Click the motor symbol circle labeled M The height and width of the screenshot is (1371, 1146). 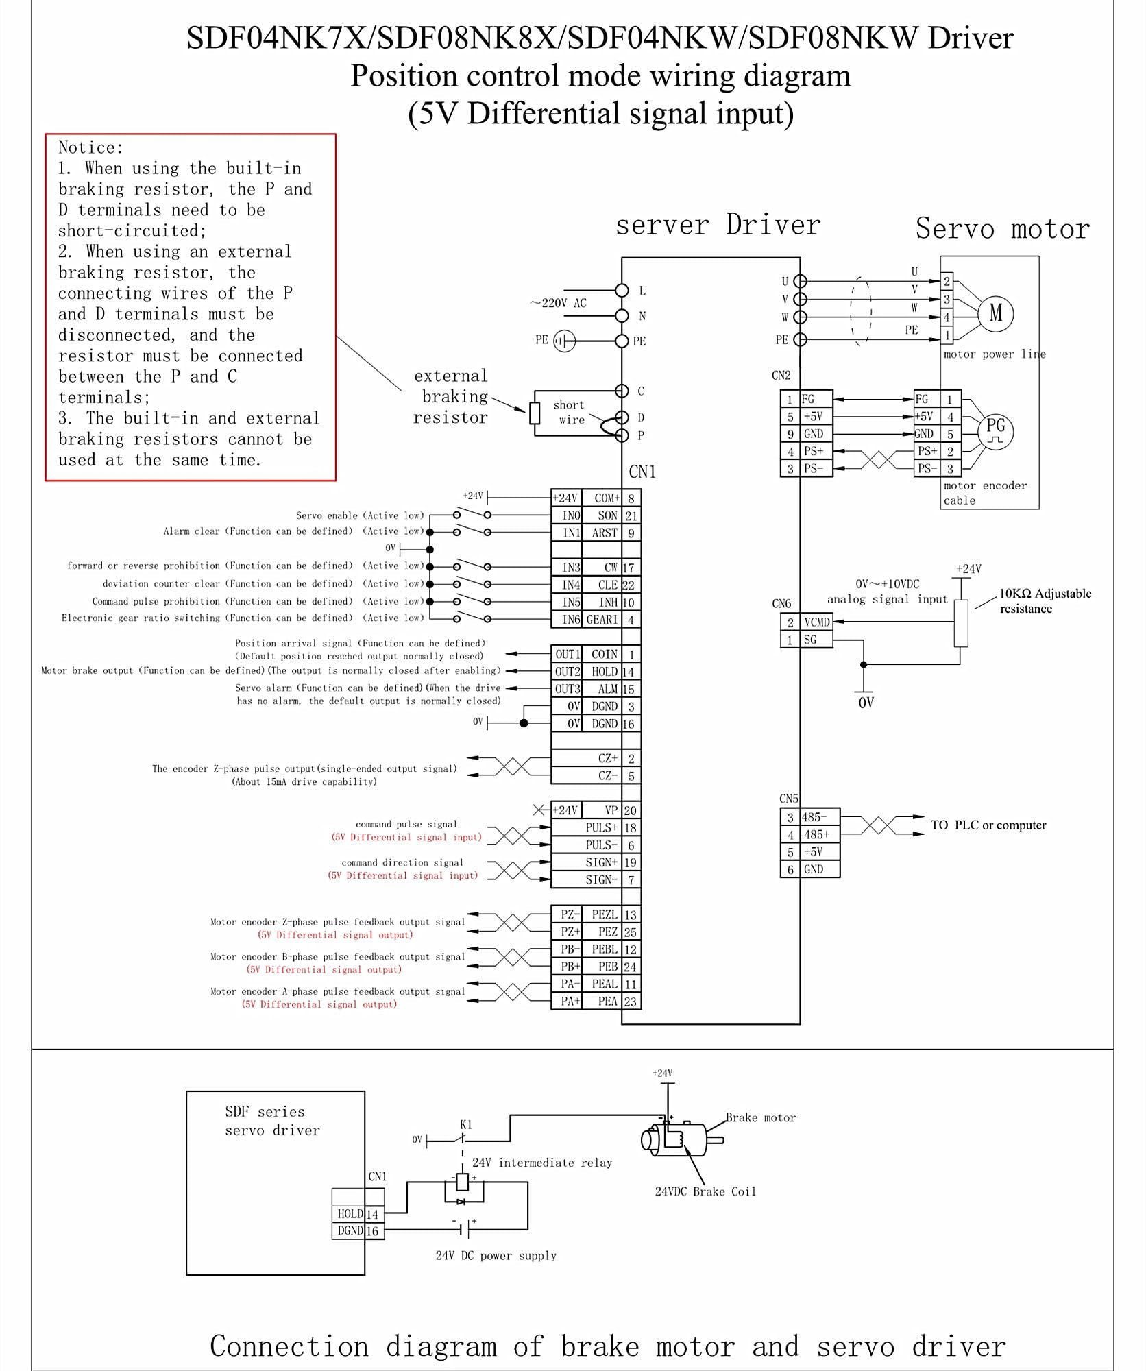[995, 314]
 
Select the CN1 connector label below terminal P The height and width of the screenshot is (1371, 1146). [642, 472]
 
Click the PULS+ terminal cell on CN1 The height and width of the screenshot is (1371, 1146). [601, 827]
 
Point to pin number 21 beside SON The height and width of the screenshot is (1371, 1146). [631, 515]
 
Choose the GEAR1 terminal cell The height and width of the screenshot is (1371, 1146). [602, 620]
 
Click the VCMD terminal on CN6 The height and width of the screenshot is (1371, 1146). [816, 622]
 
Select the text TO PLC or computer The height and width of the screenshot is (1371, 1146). [988, 825]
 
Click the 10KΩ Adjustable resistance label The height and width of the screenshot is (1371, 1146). [1045, 600]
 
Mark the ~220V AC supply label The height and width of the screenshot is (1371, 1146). [558, 303]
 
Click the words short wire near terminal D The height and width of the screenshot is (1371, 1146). [570, 412]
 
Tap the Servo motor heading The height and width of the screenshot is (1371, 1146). [1002, 228]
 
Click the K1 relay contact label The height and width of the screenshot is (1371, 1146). [466, 1125]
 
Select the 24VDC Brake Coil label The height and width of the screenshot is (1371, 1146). [705, 1191]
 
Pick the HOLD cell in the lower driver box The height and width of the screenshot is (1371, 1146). [350, 1213]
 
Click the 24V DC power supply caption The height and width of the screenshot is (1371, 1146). [496, 1255]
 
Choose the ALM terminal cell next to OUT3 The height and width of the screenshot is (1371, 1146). [607, 689]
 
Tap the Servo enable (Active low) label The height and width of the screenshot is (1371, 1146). [360, 515]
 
